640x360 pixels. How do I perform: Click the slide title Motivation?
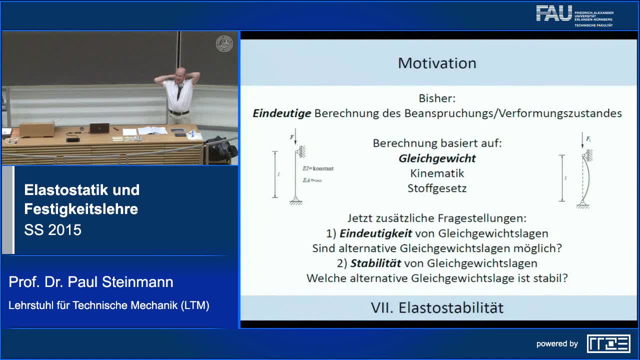click(x=436, y=63)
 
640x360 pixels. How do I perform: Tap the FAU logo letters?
click(x=554, y=13)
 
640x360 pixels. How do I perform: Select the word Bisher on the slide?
click(x=436, y=98)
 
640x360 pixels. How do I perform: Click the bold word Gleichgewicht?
click(x=437, y=158)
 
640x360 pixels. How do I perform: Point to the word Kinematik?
click(x=437, y=173)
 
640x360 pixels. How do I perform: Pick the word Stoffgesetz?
click(x=437, y=188)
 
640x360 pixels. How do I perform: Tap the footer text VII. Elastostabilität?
click(x=436, y=307)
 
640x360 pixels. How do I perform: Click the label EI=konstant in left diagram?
click(x=317, y=168)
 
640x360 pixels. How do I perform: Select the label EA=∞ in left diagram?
click(x=312, y=180)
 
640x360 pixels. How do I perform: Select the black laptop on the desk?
click(x=99, y=128)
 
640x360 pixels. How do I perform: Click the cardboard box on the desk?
click(x=36, y=129)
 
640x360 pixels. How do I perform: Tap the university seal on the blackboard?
click(x=224, y=43)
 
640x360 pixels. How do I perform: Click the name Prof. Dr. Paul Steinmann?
click(x=91, y=282)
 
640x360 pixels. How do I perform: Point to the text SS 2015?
click(x=52, y=230)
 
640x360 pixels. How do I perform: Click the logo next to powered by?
click(x=608, y=343)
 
